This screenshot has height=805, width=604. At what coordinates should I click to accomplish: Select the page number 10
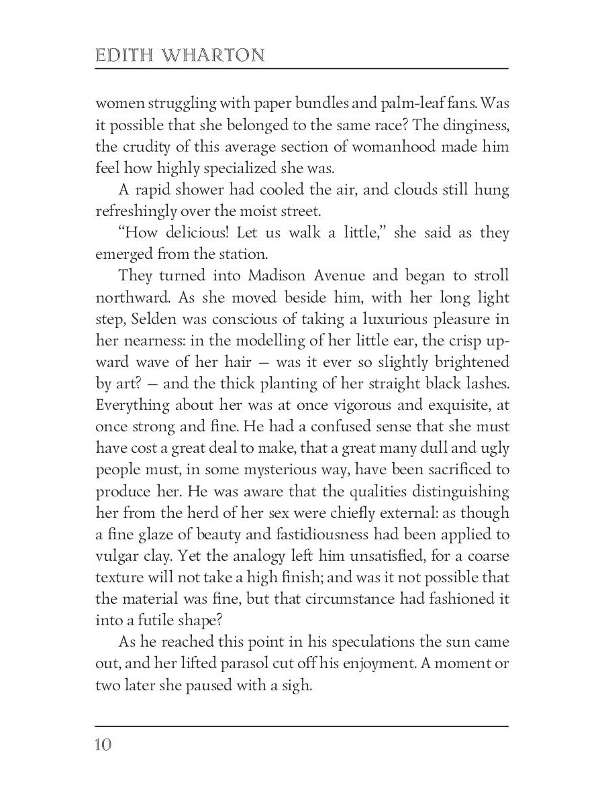click(105, 745)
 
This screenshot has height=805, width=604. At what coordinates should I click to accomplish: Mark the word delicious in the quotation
click(190, 234)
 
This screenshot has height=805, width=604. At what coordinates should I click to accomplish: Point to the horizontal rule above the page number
click(302, 726)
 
